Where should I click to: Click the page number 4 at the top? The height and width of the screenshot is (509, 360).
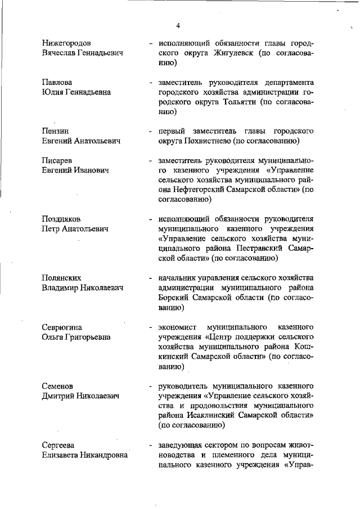coord(178,26)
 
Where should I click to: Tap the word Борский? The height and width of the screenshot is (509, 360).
coord(174,298)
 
